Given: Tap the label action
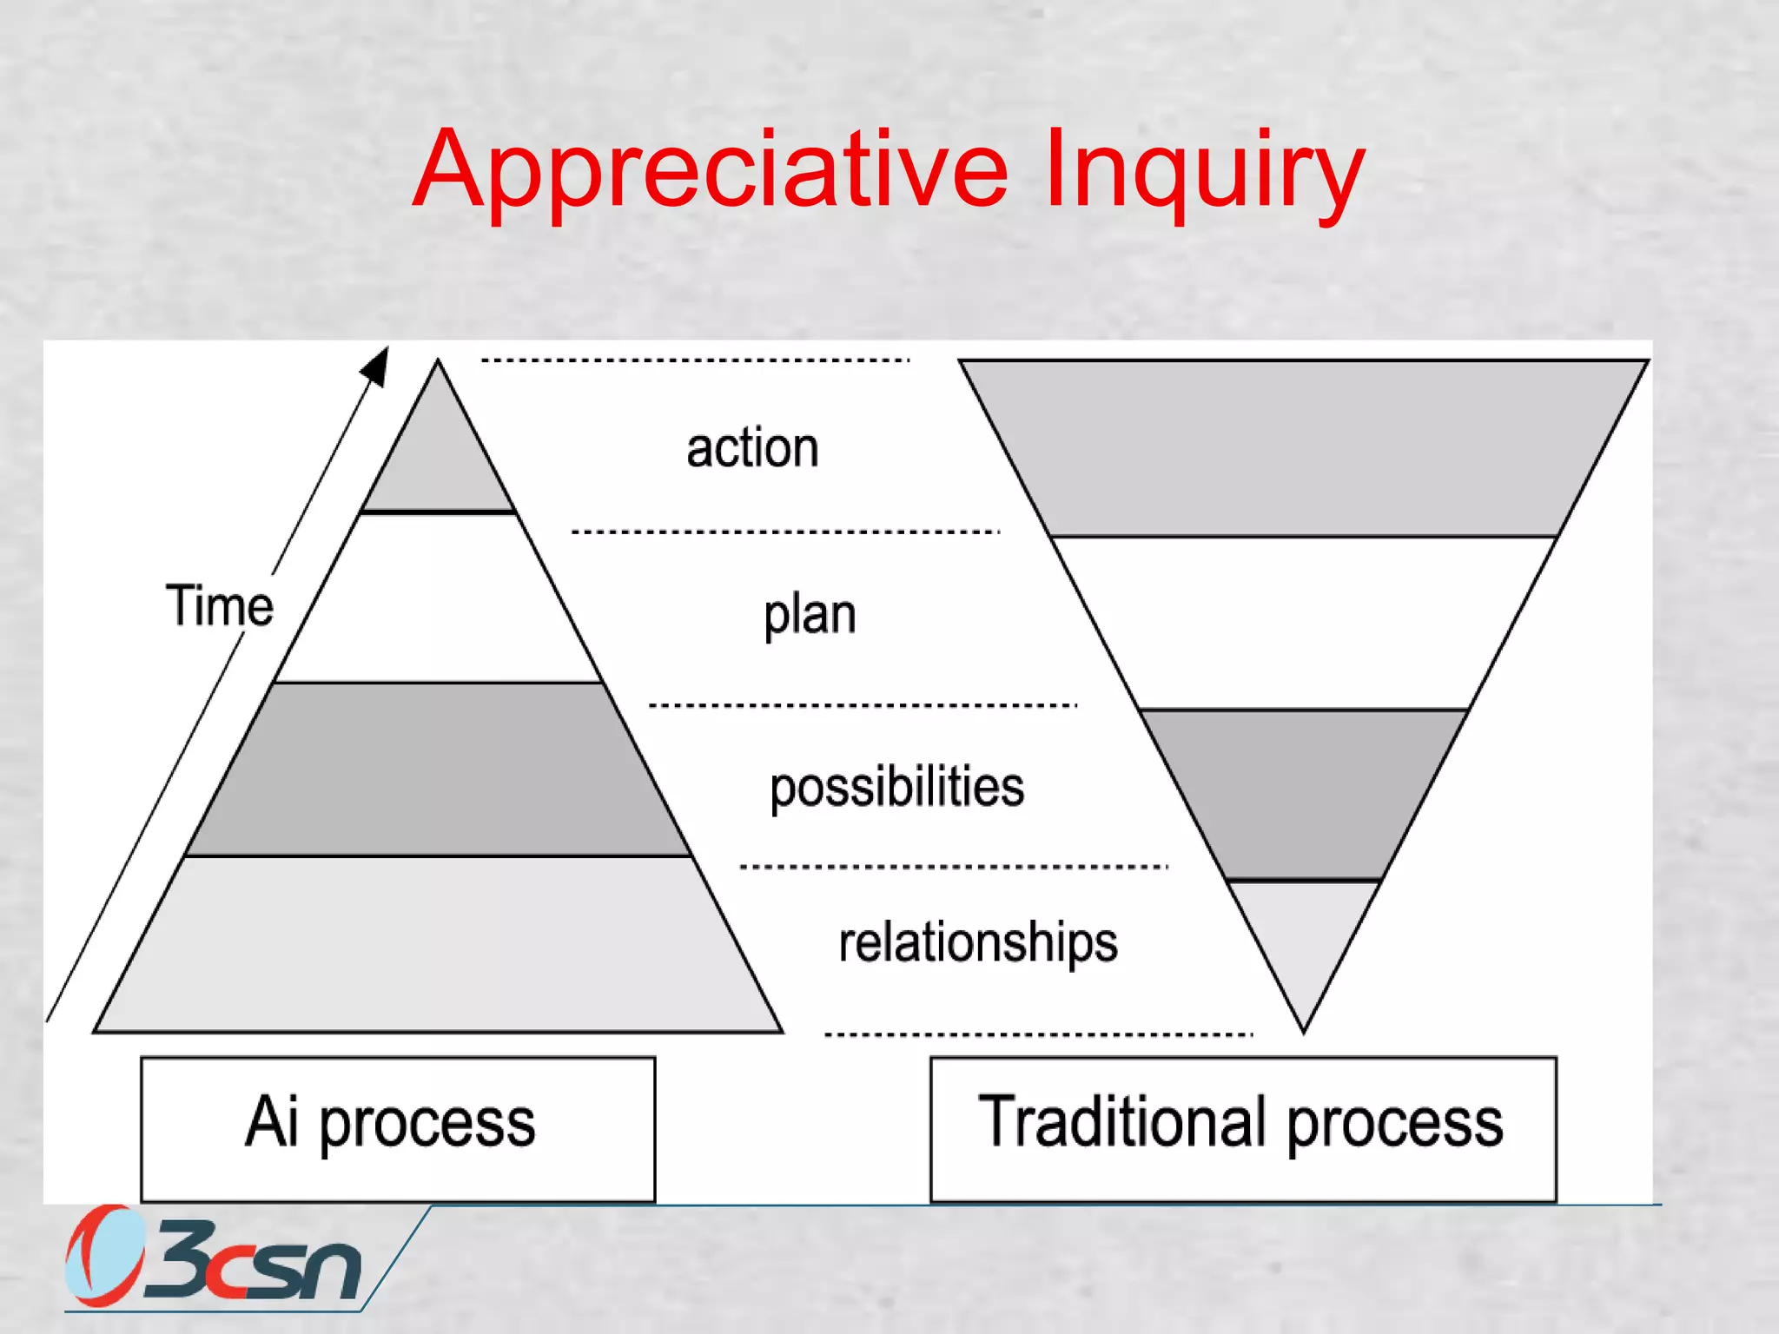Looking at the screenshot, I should coord(752,448).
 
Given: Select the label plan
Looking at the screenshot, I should coord(810,615).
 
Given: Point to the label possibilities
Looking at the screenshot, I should coord(896,787).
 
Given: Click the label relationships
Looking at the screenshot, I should coord(978,942).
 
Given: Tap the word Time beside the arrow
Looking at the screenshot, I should coord(219,605).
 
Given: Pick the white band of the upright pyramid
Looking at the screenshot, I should coord(438,599).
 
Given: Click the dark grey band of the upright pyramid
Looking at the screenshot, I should coord(438,769).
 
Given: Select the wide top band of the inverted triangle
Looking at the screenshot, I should coord(1303,447).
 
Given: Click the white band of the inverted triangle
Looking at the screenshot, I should coord(1303,622).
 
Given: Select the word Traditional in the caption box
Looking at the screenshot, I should coord(1121,1122).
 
